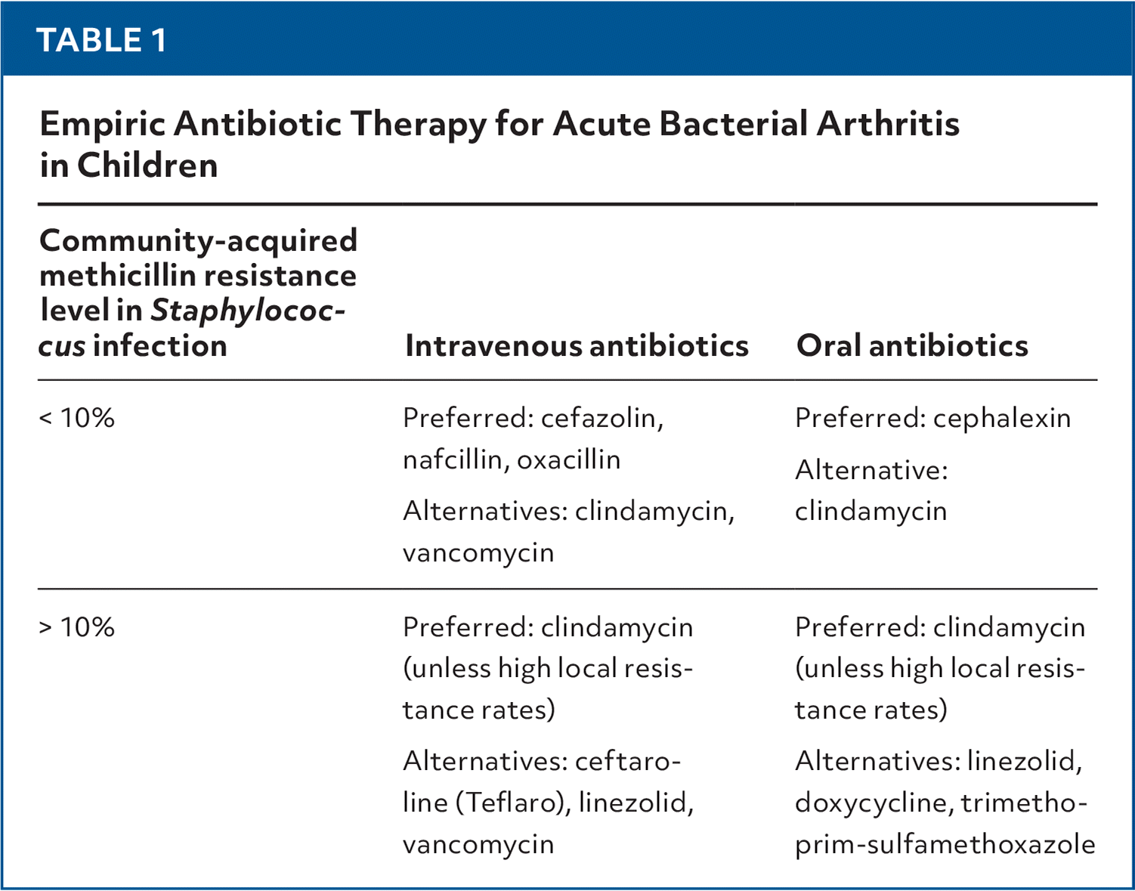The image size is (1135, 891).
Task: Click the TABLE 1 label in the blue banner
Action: click(x=101, y=40)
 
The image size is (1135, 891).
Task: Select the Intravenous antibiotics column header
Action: click(x=577, y=346)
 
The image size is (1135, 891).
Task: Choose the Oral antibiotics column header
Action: click(x=912, y=346)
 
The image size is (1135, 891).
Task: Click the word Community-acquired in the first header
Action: click(x=198, y=241)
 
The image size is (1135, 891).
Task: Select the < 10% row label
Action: click(x=76, y=418)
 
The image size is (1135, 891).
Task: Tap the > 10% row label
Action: click(x=76, y=627)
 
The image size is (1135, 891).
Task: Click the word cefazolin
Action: click(x=602, y=418)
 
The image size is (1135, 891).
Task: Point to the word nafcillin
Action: click(x=456, y=459)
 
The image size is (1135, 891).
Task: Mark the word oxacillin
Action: click(x=568, y=459)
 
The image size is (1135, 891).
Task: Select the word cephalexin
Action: click(x=1001, y=418)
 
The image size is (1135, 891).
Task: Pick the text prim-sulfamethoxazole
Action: click(x=945, y=844)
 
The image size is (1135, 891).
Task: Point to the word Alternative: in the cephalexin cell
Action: click(x=871, y=470)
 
